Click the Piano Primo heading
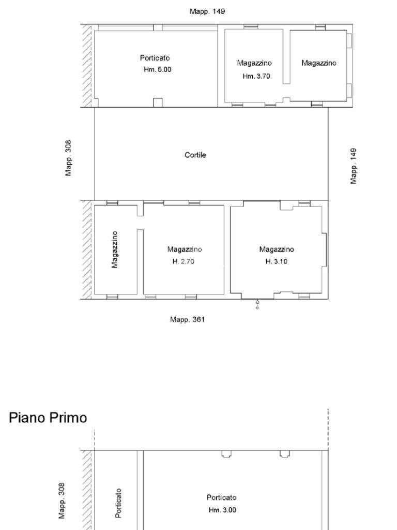point(48,418)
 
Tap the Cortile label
point(195,155)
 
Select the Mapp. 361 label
point(187,319)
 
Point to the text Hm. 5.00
point(157,69)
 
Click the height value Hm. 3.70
point(256,76)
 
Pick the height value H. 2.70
point(184,261)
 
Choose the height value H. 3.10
point(277,261)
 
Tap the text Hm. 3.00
point(222,510)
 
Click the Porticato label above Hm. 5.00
point(155,58)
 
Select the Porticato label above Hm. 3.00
point(221,497)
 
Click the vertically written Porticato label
point(119,503)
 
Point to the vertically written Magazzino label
point(115,249)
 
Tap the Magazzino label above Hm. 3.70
point(254,63)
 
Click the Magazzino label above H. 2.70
point(185,249)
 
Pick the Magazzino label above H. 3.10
point(277,249)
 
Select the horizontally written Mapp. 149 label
point(207,11)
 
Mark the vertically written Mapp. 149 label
point(354,166)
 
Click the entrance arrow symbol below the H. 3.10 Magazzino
point(257,304)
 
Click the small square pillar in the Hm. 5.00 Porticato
point(158,102)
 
